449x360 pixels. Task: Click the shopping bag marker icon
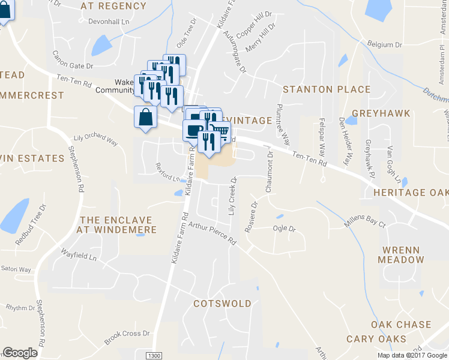coord(145,117)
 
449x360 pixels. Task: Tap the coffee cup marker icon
coord(193,130)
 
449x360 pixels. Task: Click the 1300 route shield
coord(154,355)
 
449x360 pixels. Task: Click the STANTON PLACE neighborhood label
coord(327,89)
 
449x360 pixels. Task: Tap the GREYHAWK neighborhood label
coord(381,113)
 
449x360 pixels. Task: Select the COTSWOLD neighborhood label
coord(222,304)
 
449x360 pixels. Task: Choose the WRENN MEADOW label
coord(400,254)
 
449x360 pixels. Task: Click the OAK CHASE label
coord(401,325)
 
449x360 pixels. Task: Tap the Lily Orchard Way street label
coord(95,138)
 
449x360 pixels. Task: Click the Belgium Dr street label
coord(384,45)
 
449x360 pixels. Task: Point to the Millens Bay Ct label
coord(364,223)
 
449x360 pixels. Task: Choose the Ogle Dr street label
coord(285,229)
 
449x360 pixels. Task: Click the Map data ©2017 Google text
coord(412,355)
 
